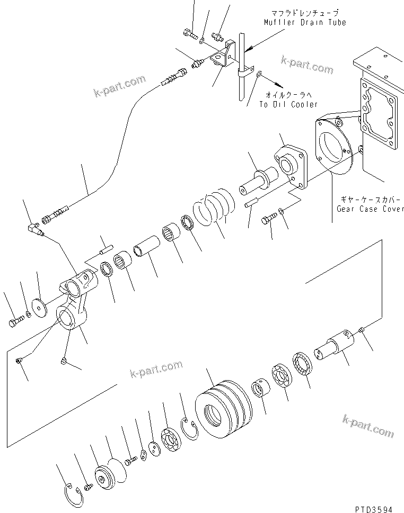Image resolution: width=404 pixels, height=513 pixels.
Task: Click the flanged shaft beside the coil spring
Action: [259, 181]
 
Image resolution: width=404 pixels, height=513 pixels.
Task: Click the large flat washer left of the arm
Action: [39, 308]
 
